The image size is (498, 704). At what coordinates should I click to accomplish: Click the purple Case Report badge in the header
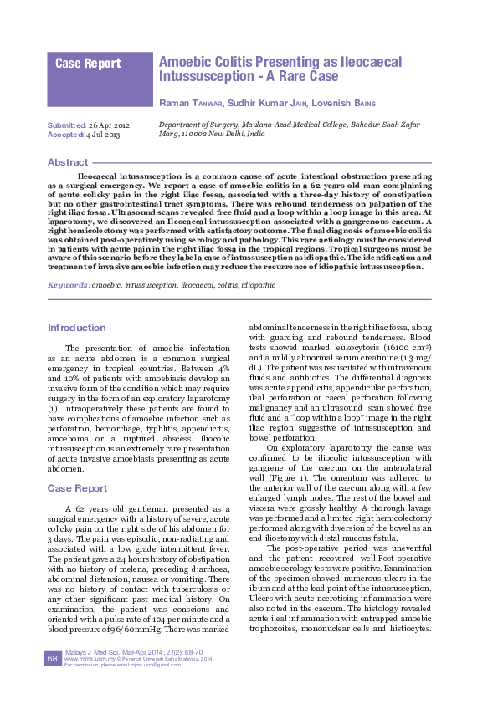(88, 64)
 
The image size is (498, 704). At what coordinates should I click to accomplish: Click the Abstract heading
(68, 162)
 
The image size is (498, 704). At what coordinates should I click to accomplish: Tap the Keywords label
(69, 285)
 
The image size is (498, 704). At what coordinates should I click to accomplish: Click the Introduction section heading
(77, 328)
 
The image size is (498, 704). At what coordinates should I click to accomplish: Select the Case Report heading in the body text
(76, 487)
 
